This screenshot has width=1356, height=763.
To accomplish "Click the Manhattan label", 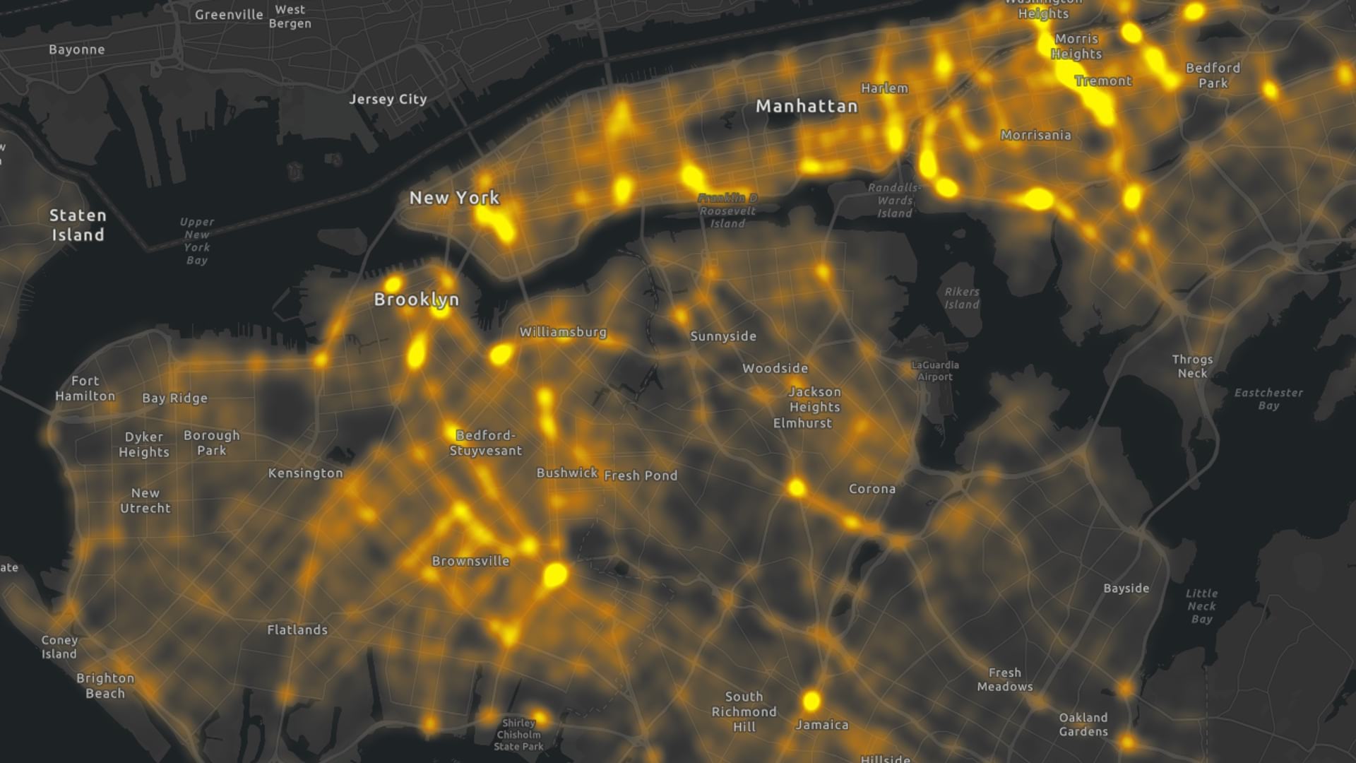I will tap(807, 107).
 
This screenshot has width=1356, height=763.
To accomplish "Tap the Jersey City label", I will tap(388, 100).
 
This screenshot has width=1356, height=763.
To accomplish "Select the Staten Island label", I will tap(78, 225).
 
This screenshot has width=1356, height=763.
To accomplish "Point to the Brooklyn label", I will tap(417, 300).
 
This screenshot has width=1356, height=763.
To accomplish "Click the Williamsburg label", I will tap(563, 332).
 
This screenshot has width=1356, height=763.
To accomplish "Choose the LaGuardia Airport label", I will tap(935, 371).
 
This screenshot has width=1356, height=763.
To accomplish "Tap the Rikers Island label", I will tap(962, 298).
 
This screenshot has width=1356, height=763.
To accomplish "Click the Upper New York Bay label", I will tap(197, 241).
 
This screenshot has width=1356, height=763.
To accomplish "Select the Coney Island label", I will tap(59, 647).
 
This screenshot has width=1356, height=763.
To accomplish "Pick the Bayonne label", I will tap(77, 49).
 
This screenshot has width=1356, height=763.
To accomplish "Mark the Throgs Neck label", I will tap(1192, 367).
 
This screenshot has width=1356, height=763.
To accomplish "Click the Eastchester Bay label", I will tap(1268, 399).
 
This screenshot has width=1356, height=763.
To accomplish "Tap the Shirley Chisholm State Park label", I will tap(518, 735).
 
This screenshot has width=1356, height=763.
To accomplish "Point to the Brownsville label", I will tap(470, 562).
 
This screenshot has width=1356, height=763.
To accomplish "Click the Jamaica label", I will tap(822, 725).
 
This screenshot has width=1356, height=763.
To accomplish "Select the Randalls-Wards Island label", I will tap(895, 201).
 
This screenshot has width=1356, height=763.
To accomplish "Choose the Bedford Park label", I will tap(1213, 76).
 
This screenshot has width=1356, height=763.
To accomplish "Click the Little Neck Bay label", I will tap(1201, 606).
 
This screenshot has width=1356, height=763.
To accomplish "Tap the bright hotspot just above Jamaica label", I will tap(811, 701).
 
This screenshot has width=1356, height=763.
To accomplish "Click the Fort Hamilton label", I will tap(85, 389).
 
